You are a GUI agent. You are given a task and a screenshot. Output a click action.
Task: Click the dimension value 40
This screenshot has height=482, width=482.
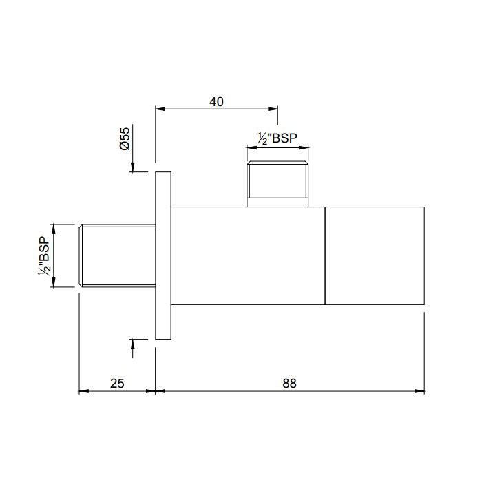[216, 102]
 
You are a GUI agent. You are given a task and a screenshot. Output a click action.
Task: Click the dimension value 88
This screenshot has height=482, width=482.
[289, 384]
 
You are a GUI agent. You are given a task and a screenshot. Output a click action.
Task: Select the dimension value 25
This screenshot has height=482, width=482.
[117, 384]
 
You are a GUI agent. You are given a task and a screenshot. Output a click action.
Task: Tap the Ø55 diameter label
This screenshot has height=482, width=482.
[125, 138]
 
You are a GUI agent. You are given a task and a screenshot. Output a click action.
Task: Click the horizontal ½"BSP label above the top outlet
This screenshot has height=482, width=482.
[277, 138]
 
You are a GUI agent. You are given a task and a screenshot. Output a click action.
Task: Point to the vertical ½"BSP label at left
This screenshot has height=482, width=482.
[43, 255]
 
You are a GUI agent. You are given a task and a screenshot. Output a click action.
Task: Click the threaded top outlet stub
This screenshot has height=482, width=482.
[277, 180]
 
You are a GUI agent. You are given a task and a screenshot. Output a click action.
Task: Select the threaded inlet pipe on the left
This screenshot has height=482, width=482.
[117, 255]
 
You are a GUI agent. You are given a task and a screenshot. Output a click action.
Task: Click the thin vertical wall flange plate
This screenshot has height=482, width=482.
[163, 255]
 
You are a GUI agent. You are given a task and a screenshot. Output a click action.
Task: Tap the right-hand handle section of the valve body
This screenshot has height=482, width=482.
[375, 255]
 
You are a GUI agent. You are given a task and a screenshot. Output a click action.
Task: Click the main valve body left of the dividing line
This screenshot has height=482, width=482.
[248, 255]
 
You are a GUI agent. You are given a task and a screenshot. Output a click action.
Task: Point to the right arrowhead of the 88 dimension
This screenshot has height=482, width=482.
[420, 391]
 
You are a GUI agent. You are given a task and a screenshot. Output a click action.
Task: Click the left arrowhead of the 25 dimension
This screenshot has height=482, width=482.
[84, 391]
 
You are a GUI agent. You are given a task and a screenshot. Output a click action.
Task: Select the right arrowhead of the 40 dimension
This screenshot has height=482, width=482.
[273, 109]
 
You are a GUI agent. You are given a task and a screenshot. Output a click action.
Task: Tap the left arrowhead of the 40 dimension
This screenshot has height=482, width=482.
[160, 109]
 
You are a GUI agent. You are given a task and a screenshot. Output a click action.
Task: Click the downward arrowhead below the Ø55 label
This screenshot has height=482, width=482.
[132, 167]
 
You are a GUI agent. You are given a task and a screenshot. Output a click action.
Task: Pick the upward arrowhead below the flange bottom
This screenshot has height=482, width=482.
[132, 344]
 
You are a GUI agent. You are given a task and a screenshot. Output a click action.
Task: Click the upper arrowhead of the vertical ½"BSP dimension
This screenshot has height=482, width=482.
[54, 229]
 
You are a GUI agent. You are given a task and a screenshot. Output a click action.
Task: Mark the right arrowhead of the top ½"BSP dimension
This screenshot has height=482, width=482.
[304, 147]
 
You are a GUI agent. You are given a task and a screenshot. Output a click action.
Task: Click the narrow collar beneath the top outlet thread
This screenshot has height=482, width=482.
[277, 202]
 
